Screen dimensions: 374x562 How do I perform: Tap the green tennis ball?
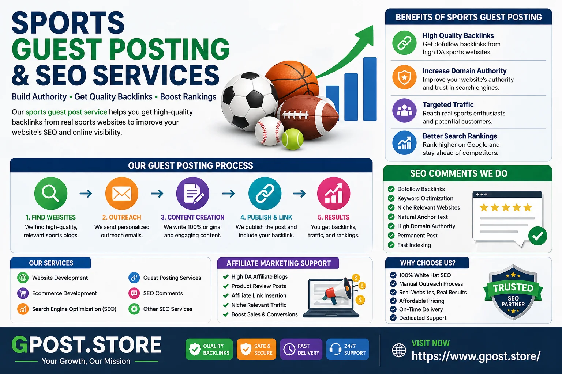(x=293, y=139)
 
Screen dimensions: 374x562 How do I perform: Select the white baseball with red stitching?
(x=269, y=131)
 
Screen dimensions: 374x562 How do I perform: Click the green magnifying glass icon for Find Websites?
(x=51, y=193)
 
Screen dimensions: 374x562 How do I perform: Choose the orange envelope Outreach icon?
(x=122, y=193)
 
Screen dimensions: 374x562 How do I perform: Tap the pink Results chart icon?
(x=334, y=193)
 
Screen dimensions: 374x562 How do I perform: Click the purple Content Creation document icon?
(x=193, y=193)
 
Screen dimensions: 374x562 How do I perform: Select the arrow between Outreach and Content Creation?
(x=157, y=193)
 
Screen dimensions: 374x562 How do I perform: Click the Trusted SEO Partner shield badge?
(x=513, y=292)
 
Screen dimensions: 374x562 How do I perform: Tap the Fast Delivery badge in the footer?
(x=301, y=350)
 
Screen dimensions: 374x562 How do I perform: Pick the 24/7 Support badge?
(x=348, y=350)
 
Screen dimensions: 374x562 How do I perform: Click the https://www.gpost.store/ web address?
(x=476, y=356)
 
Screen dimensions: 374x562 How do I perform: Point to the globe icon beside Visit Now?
(x=399, y=350)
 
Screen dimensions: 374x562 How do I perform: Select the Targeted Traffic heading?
(x=448, y=104)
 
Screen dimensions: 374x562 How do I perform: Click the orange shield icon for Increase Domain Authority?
(x=404, y=78)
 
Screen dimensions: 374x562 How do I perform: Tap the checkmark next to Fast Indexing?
(x=391, y=245)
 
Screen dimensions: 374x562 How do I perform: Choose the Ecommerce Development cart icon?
(x=23, y=293)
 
